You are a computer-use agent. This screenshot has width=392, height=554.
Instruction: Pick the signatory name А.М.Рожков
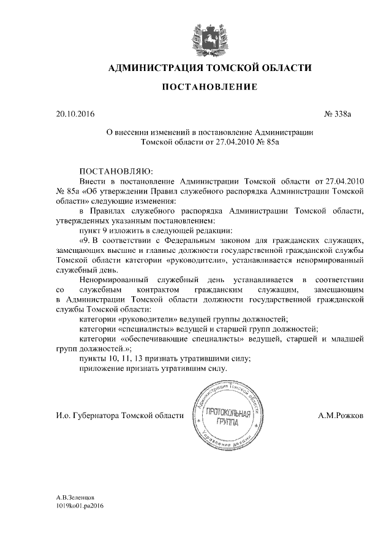pyautogui.click(x=341, y=416)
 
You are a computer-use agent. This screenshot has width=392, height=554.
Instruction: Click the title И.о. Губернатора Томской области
pyautogui.click(x=119, y=416)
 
